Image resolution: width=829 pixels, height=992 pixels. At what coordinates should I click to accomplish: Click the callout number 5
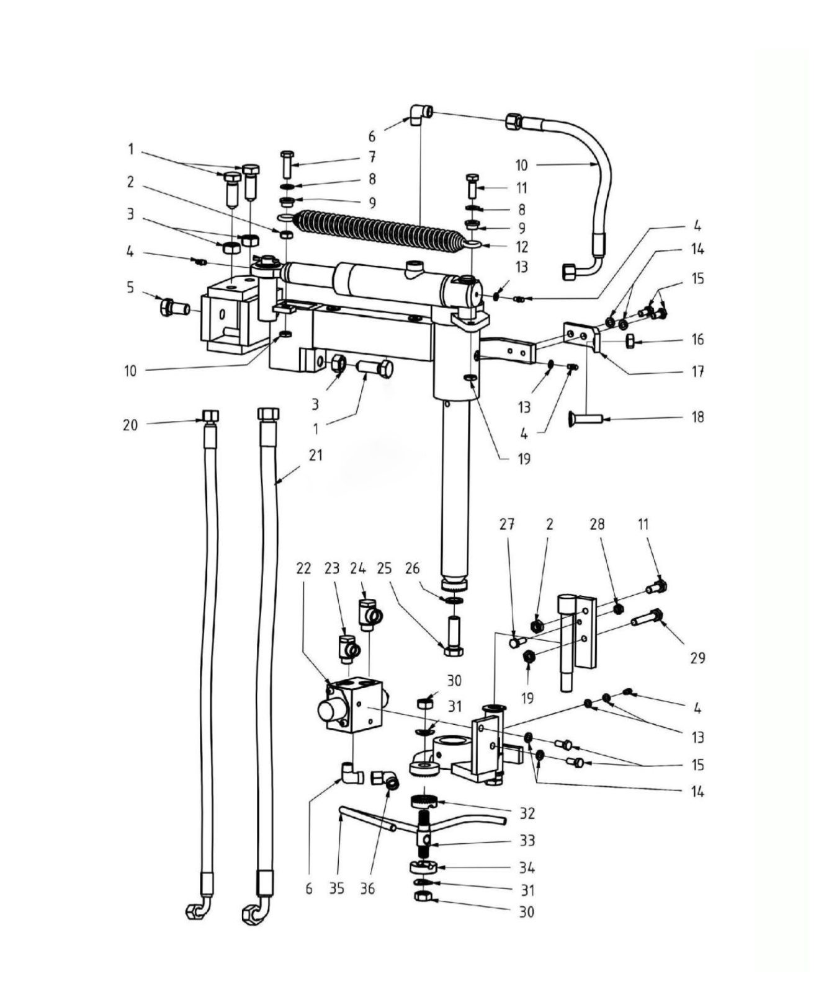click(x=130, y=288)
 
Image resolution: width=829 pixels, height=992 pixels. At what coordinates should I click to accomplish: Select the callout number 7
click(x=372, y=156)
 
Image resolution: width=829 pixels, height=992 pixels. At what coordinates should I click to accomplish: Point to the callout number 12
click(x=522, y=247)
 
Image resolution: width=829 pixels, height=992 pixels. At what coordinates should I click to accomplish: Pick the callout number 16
click(x=698, y=340)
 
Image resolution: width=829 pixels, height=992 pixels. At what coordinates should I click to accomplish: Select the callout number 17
click(x=698, y=372)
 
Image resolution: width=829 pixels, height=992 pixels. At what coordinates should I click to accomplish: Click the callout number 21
click(x=316, y=456)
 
